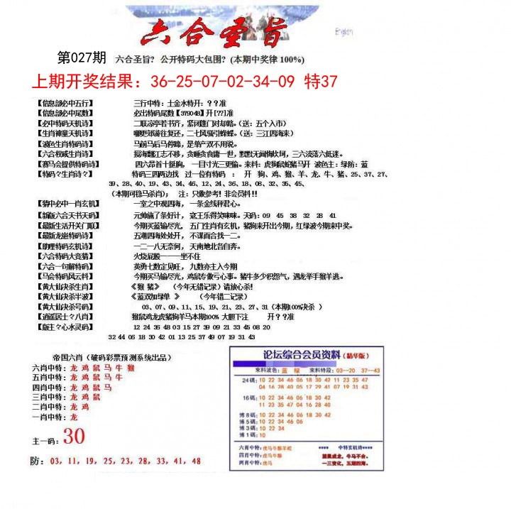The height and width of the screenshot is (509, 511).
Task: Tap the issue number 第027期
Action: click(x=82, y=58)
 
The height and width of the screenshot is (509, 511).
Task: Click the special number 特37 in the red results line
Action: click(x=320, y=81)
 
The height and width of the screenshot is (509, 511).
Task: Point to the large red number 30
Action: click(x=74, y=436)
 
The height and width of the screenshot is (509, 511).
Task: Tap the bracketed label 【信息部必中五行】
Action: click(x=65, y=102)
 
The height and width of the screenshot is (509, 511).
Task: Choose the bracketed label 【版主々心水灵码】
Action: click(x=65, y=327)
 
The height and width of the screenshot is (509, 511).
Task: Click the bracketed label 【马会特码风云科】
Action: click(x=65, y=275)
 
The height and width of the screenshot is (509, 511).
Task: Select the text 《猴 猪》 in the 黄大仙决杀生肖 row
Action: click(x=147, y=286)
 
